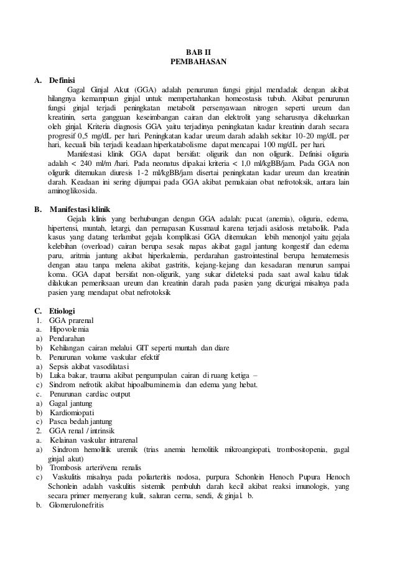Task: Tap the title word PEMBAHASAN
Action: click(198, 62)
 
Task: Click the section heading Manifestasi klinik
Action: click(80, 208)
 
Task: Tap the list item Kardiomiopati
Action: click(71, 413)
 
